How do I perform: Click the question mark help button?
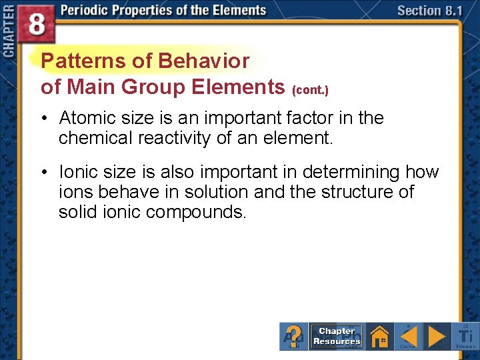[x=294, y=336]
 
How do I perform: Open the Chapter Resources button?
[x=337, y=336]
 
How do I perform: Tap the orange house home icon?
[x=379, y=336]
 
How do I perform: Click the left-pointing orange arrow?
[x=408, y=336]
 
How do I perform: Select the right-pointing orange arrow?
[x=437, y=336]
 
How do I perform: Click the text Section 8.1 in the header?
[x=429, y=11]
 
